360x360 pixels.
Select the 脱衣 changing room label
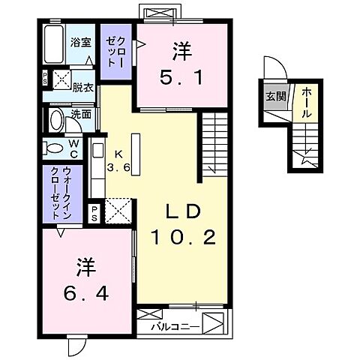point(81,87)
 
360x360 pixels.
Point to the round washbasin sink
point(55,120)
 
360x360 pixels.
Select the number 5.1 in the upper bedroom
point(181,76)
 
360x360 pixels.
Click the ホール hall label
point(307,101)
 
